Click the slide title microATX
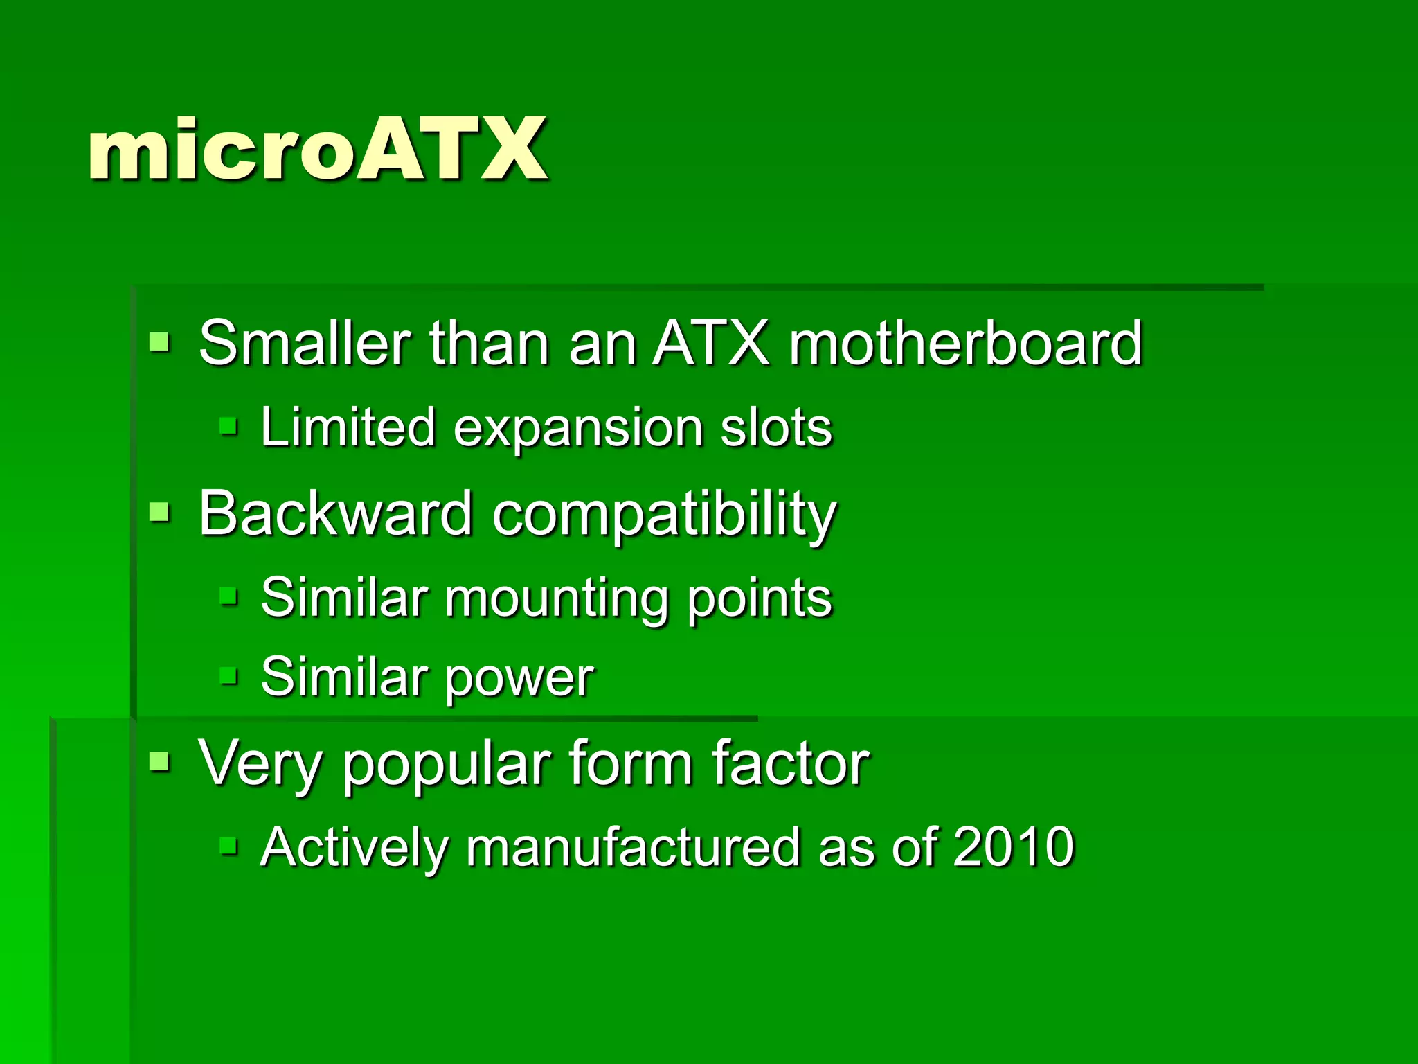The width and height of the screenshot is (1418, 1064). (317, 150)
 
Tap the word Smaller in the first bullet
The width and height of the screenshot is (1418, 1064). (305, 343)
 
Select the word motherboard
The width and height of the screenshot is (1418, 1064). (965, 343)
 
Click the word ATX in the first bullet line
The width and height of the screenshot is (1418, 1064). (710, 343)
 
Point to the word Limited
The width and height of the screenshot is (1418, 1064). (348, 427)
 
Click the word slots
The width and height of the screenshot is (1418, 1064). (775, 427)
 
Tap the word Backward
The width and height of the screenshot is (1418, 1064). (335, 514)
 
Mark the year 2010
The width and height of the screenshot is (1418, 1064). (1013, 846)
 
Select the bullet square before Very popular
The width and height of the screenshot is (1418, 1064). (159, 762)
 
